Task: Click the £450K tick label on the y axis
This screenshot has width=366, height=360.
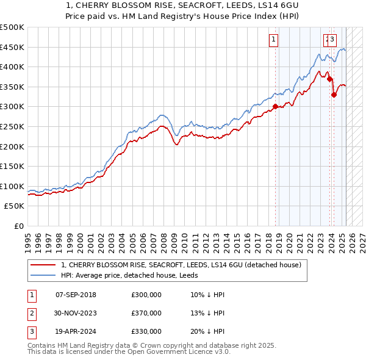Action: [x=12, y=47]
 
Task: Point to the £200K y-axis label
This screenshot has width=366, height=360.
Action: [x=12, y=146]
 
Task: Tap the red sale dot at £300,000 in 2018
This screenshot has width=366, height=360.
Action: [x=275, y=106]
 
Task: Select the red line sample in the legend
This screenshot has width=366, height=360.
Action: [x=43, y=265]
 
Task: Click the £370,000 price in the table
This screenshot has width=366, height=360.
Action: [x=146, y=313]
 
